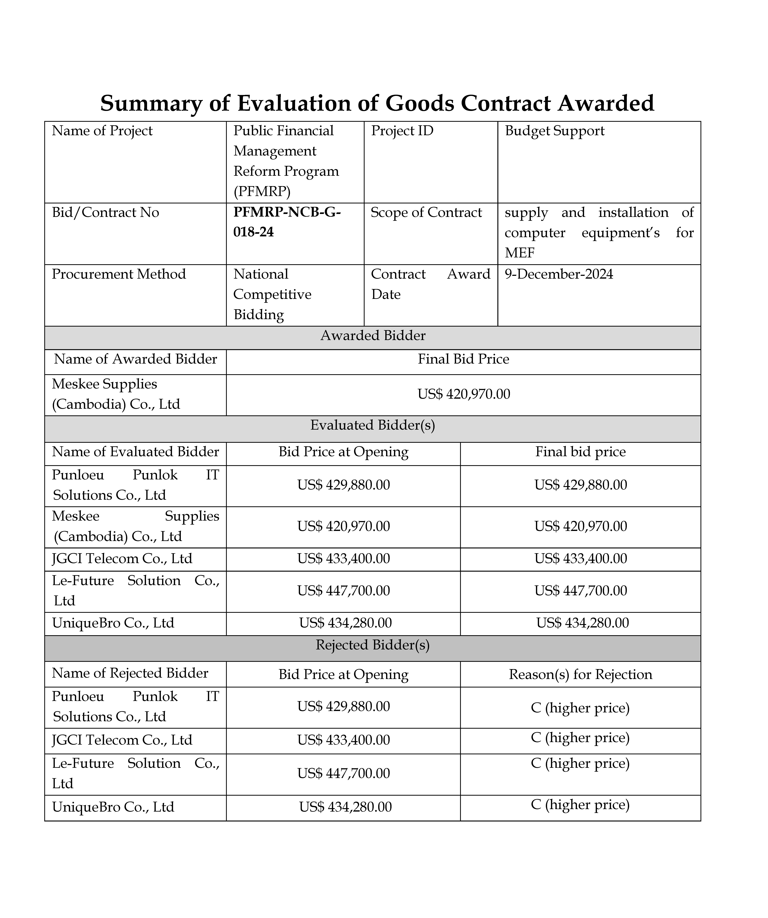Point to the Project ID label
(x=402, y=131)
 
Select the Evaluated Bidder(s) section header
(x=373, y=425)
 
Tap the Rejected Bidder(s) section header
(x=373, y=645)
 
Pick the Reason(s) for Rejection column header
(x=580, y=674)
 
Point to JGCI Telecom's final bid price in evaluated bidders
(x=580, y=559)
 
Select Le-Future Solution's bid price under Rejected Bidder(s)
(x=343, y=773)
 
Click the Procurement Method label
(x=119, y=274)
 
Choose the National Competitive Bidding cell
(x=272, y=294)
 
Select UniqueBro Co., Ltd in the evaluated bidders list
(x=113, y=623)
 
